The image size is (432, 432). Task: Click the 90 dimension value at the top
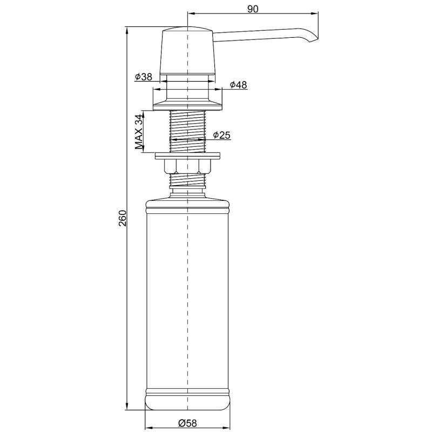coord(252,9)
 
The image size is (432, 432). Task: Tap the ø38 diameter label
coord(143,77)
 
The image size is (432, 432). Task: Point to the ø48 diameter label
coord(238,85)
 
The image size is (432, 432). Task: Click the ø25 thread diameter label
coord(221,135)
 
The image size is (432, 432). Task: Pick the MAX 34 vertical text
coord(139,131)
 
